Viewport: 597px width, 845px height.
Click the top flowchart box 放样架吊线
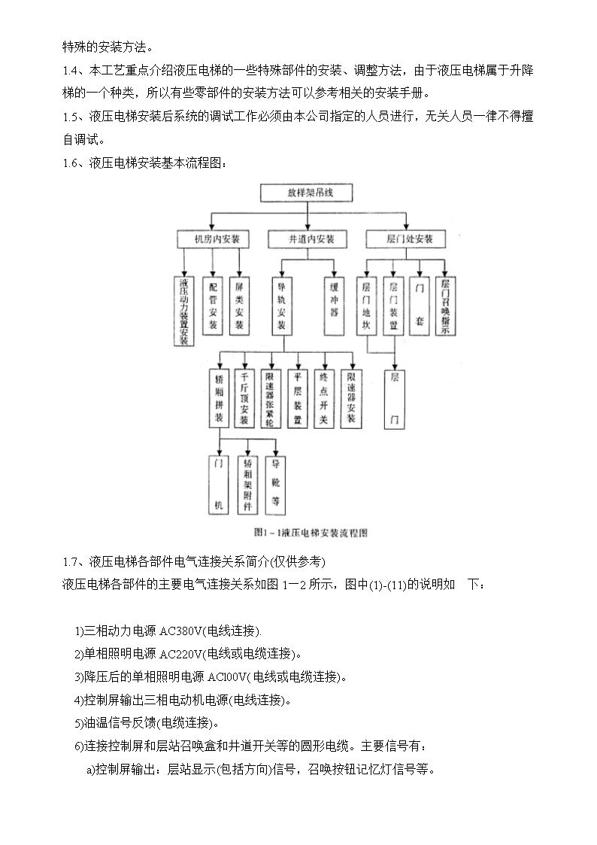tap(306, 193)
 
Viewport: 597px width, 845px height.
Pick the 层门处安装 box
tap(406, 239)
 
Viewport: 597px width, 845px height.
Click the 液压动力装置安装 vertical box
tap(184, 311)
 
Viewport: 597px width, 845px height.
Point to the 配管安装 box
tap(213, 305)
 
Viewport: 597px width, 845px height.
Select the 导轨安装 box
tap(281, 305)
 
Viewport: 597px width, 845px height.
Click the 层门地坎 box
tap(367, 305)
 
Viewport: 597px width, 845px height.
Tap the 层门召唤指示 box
tap(445, 305)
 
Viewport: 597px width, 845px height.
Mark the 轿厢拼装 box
tap(219, 398)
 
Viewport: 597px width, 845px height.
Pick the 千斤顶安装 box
tap(244, 398)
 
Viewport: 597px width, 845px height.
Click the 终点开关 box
tap(323, 398)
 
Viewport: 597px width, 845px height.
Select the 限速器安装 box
tap(351, 398)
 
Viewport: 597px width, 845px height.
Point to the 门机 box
tap(219, 485)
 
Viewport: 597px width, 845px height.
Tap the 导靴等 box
tap(276, 485)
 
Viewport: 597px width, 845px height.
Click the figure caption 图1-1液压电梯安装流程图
tap(311, 533)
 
